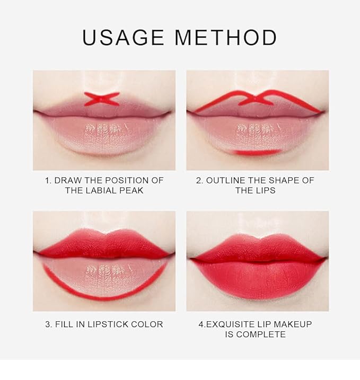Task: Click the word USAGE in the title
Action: (123, 38)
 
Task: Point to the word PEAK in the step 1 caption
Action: (133, 190)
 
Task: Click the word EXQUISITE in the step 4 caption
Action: (234, 324)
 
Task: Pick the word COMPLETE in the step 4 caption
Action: (261, 334)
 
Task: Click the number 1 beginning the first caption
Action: (47, 180)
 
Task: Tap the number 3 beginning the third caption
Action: (48, 324)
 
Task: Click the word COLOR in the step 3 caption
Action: (147, 324)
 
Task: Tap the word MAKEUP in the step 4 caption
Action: (294, 324)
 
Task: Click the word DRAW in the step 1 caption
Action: (67, 180)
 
